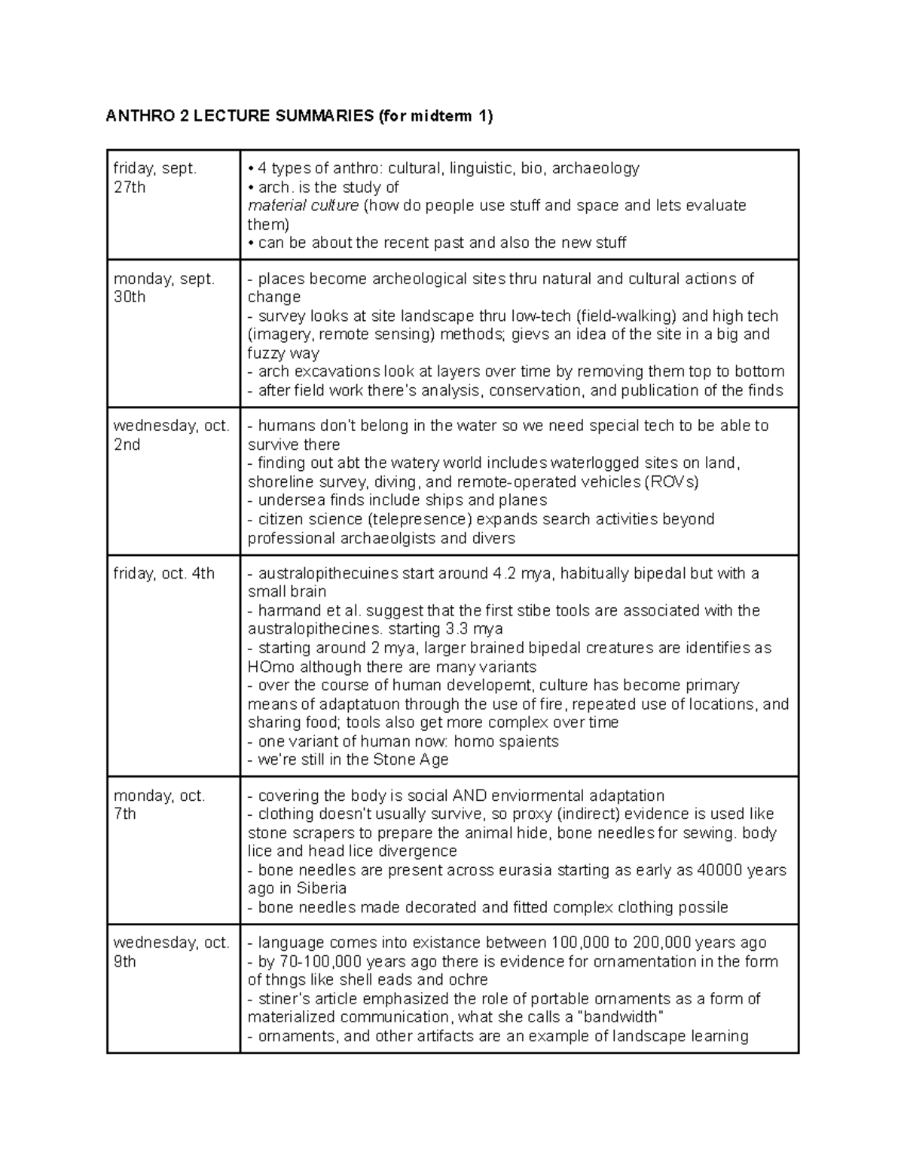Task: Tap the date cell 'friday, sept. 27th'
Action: point(155,178)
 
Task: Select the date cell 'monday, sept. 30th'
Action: point(164,288)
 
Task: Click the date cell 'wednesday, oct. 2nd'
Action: point(172,435)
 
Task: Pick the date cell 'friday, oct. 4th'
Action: point(164,573)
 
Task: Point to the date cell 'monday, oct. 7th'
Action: point(160,805)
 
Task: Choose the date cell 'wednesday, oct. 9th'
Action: point(172,952)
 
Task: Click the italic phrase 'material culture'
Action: point(303,206)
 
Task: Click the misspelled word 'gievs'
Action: point(531,335)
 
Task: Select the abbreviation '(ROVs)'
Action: point(671,482)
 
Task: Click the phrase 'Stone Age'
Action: point(411,759)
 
